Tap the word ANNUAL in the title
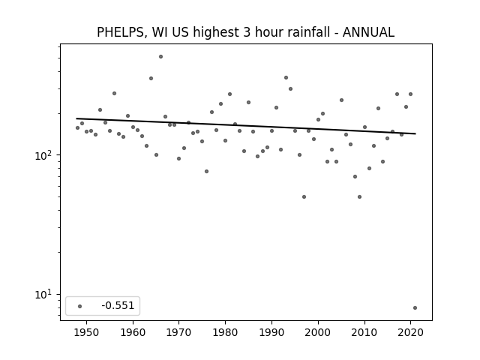[368, 32]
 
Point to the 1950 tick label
[87, 332]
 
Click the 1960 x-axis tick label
[133, 332]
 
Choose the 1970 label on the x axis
[179, 332]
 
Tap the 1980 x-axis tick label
[225, 332]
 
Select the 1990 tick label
[271, 332]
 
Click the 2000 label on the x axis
[318, 332]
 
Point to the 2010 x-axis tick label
[364, 332]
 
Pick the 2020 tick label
[410, 332]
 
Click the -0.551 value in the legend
[118, 305]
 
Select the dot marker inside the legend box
[80, 306]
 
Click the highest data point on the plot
[160, 57]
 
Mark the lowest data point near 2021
[415, 308]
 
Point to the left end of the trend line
[76, 118]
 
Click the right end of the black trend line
[415, 133]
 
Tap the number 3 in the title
[247, 32]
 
